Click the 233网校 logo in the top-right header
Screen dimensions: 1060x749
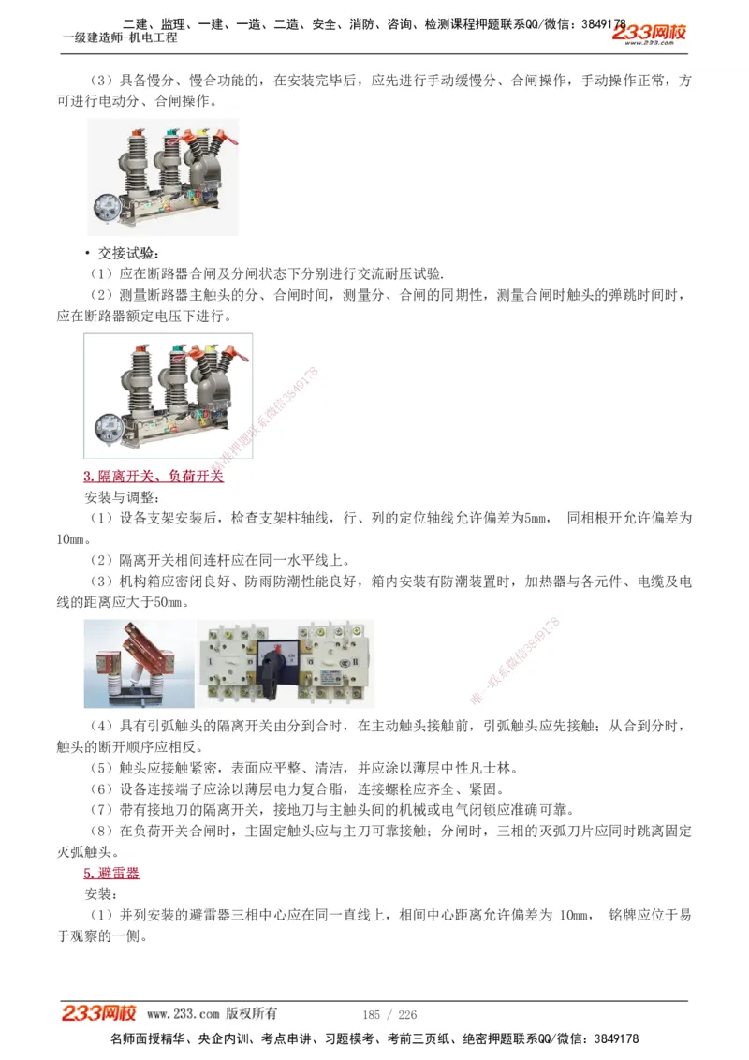pos(650,34)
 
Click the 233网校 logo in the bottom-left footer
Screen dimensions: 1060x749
pos(99,1013)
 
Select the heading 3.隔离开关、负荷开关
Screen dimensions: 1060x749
pos(154,477)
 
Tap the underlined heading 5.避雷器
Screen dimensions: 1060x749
pos(111,873)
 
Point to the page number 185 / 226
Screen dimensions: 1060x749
pos(389,1014)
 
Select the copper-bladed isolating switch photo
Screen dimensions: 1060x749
pos(139,663)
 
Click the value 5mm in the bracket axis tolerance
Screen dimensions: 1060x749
pos(536,518)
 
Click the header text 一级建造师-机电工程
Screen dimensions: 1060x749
pos(119,37)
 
